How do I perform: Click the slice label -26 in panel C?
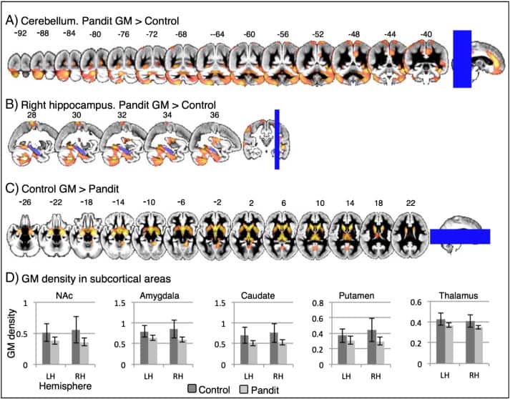point(25,204)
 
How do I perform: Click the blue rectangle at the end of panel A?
point(462,59)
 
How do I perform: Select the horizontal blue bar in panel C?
point(460,237)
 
